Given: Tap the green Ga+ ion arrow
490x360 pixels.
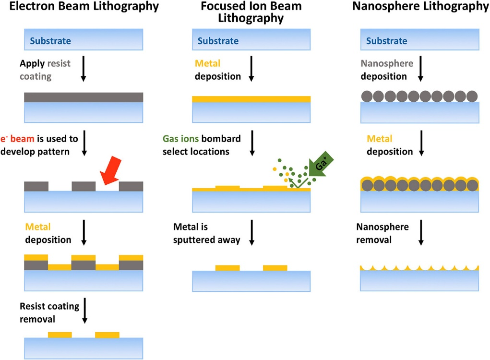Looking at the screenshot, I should click(316, 167).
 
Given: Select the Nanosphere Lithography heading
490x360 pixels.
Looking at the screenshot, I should click(420, 7).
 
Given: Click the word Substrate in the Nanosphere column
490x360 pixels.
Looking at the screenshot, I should click(386, 41).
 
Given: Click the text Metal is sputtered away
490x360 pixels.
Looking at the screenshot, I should click(206, 233).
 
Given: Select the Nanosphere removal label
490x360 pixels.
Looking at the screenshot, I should click(382, 233).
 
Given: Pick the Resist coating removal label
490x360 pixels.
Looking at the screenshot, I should click(49, 312).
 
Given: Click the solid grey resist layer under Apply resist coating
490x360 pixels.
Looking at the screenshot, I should click(84, 97).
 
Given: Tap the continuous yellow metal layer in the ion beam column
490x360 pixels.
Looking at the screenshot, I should click(251, 99).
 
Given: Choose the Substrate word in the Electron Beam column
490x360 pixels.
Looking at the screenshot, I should click(50, 41).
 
